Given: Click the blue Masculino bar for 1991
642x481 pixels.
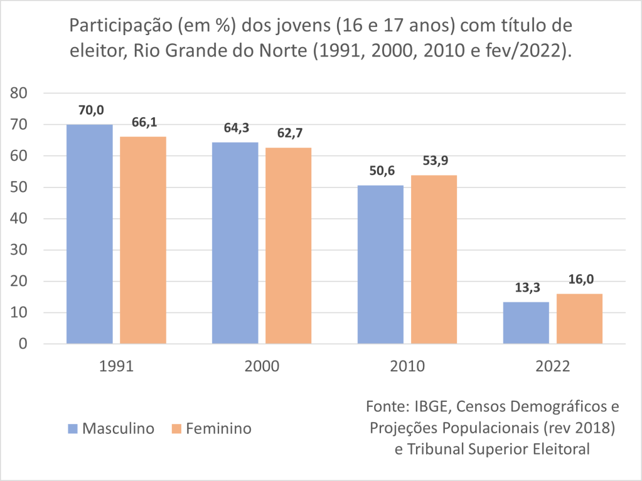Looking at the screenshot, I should point(90,234).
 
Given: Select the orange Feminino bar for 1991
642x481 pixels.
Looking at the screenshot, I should point(143,240).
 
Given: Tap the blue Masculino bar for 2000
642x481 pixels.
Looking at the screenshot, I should point(235,243).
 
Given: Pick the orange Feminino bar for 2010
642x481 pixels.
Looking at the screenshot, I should point(434,259).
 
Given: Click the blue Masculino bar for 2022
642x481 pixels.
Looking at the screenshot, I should point(526,323).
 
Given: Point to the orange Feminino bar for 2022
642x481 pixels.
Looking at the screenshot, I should point(579,319).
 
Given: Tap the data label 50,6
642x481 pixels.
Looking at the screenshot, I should point(381,171).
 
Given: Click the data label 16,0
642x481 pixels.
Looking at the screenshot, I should point(580,280).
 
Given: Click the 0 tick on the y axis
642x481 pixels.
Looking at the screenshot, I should point(24,344).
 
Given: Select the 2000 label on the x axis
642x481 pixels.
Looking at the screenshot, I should point(262,367).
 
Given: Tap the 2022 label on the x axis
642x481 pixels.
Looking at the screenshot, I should point(553,367).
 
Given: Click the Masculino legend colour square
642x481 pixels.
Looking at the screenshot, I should point(73,429).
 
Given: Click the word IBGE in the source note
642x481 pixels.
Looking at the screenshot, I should point(430,406).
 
